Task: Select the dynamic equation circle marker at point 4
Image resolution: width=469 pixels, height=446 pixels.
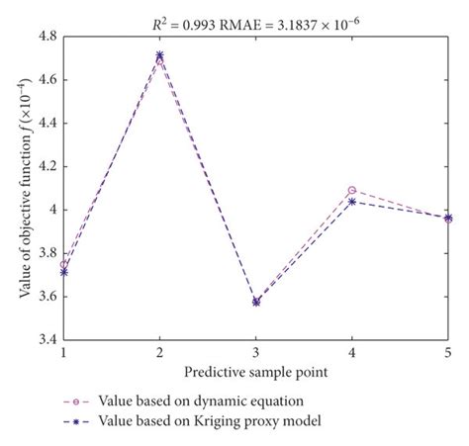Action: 352,190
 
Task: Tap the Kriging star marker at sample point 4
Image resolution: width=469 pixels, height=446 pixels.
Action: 352,201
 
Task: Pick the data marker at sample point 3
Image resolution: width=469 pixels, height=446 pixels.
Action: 256,302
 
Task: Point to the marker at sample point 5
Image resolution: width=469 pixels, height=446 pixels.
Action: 448,218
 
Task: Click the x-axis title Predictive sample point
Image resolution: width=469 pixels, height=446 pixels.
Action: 255,372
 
